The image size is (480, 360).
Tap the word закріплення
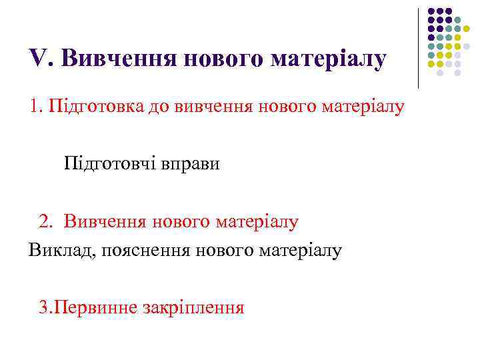click(194, 307)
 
